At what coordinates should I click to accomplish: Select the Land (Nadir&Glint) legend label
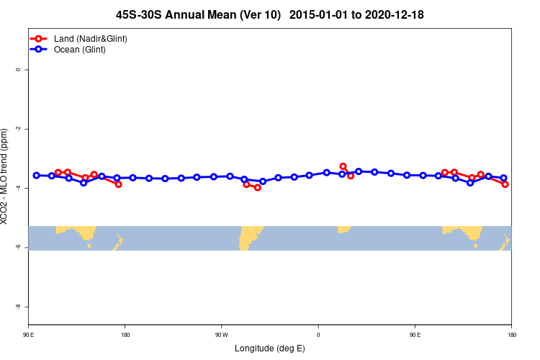(x=91, y=38)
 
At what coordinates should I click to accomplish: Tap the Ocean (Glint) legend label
(x=80, y=50)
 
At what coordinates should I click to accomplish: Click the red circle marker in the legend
(x=38, y=38)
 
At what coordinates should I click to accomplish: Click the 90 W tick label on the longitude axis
(x=221, y=335)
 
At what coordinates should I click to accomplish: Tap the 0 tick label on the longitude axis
(x=318, y=335)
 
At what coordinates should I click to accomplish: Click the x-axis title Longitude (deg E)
(x=270, y=348)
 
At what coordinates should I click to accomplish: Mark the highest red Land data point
(x=343, y=166)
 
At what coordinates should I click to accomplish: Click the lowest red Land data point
(x=258, y=187)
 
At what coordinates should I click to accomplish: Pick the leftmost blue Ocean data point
(x=36, y=175)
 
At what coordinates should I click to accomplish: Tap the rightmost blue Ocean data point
(x=504, y=178)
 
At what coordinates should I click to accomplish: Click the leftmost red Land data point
(x=58, y=173)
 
